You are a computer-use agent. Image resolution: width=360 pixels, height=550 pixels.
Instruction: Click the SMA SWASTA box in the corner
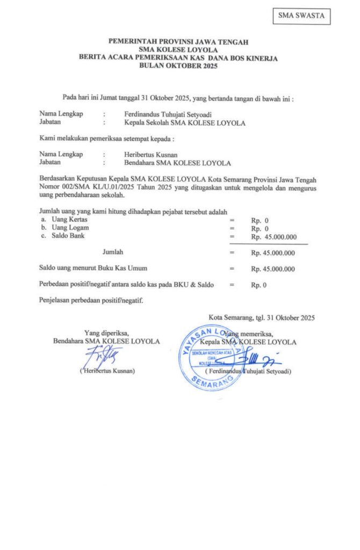point(301,16)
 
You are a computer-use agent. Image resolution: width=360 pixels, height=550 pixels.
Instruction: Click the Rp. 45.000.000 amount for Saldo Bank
point(273,236)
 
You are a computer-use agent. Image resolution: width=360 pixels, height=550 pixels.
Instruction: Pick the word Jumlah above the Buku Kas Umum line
point(113,251)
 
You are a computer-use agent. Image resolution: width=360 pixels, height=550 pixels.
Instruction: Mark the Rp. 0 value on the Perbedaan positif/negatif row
point(258,285)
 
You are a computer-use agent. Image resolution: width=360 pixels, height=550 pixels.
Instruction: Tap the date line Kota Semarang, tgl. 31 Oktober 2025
point(262,318)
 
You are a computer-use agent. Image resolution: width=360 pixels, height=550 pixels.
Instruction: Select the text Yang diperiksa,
point(106,332)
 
